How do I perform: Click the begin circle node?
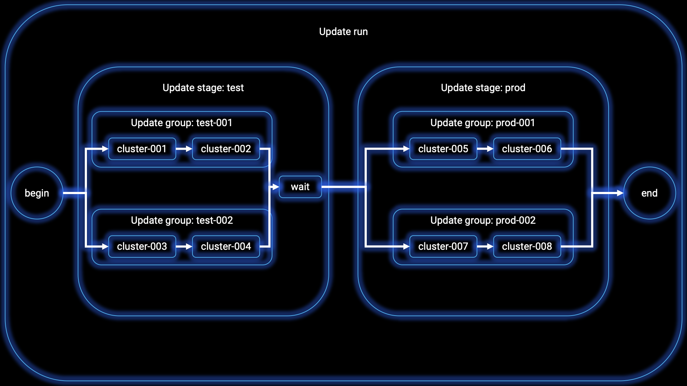(x=37, y=193)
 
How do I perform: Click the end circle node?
(x=649, y=193)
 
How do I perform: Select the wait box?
(x=300, y=187)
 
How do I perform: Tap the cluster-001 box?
(x=142, y=149)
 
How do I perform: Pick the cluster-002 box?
(x=226, y=149)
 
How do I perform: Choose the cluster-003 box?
(x=142, y=246)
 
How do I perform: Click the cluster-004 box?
(x=226, y=246)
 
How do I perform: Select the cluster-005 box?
(x=443, y=149)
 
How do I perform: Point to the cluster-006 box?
(x=527, y=149)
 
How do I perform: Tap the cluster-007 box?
(x=443, y=246)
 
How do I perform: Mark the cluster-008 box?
(x=527, y=246)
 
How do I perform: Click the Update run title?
(x=343, y=31)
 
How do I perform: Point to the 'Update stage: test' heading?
(x=203, y=88)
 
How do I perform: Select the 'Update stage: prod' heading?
(x=483, y=88)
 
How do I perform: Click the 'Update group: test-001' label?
(x=182, y=123)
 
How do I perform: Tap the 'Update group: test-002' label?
(x=182, y=220)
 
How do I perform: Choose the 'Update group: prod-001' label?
(x=483, y=123)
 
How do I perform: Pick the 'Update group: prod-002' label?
(x=483, y=220)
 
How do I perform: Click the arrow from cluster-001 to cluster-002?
(x=184, y=149)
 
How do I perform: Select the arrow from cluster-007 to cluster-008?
(x=486, y=246)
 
